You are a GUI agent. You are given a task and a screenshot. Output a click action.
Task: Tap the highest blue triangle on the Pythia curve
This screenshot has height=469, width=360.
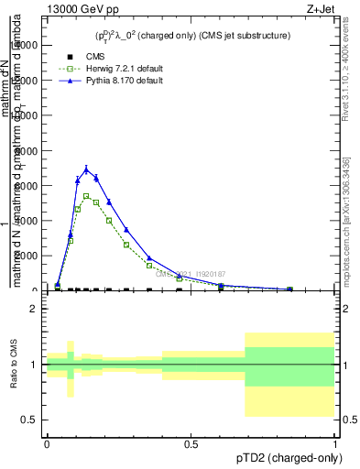tap(86, 169)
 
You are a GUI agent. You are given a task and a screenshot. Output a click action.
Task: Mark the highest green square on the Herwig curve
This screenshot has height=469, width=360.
tap(86, 196)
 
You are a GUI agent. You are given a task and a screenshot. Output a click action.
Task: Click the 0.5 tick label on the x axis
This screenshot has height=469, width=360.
tap(191, 443)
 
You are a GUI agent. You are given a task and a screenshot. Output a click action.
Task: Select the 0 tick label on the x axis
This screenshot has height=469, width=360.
tap(47, 443)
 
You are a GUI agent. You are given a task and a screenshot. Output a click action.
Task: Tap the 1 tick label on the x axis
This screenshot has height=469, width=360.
tap(335, 443)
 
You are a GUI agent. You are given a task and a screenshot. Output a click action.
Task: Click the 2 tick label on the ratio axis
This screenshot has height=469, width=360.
tap(33, 310)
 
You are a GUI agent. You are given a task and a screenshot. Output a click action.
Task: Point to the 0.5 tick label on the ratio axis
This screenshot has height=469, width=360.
tap(29, 420)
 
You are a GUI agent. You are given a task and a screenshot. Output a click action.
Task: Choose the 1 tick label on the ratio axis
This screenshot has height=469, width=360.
tap(33, 365)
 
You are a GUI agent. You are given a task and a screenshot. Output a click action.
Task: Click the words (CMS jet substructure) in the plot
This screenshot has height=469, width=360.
tap(245, 36)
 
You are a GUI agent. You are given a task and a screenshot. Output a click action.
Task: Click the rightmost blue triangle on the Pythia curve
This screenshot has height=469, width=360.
tap(289, 289)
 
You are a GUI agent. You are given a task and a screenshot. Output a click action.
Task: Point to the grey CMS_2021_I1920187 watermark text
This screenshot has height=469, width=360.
tap(189, 274)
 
